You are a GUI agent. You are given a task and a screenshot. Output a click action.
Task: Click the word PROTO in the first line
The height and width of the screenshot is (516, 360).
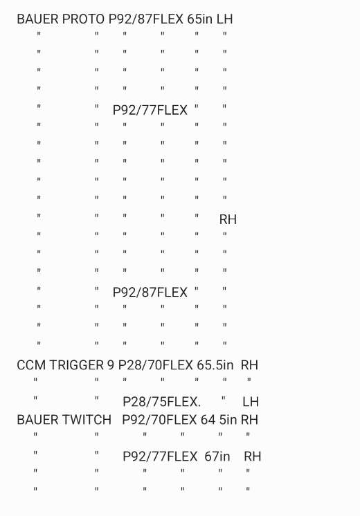(83, 19)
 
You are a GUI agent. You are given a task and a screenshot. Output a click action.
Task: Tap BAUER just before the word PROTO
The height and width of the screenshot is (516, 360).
(38, 19)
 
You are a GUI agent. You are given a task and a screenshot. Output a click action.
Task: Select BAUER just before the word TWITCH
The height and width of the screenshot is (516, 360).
(38, 420)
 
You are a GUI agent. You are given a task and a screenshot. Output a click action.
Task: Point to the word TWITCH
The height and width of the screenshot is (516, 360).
(87, 420)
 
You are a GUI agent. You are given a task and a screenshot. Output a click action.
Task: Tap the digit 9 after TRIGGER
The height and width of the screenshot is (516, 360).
(111, 365)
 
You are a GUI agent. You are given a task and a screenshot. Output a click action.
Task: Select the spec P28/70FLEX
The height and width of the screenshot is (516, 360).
(156, 365)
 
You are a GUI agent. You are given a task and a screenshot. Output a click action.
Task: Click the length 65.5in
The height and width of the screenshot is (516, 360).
(215, 365)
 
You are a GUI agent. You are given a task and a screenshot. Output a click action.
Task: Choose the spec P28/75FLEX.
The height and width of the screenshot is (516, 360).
(161, 402)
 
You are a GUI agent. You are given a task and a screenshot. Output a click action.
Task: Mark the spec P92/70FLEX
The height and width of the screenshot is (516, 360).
(159, 420)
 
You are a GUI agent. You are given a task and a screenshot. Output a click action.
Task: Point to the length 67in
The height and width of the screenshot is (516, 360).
(217, 457)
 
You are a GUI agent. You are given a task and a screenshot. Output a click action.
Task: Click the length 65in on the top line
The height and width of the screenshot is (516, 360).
(200, 19)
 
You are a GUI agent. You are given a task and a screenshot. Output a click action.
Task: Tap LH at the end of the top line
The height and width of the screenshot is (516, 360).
(224, 19)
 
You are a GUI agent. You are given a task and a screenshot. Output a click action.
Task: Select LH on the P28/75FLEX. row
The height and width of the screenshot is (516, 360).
(251, 402)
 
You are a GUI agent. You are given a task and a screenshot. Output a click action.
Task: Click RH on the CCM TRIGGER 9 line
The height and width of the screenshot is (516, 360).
(249, 365)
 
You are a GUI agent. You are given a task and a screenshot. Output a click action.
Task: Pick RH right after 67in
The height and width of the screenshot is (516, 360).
(253, 457)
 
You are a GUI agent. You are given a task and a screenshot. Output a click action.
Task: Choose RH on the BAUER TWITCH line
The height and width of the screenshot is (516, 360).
(249, 420)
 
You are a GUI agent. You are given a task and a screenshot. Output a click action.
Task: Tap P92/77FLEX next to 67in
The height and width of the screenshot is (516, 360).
(160, 457)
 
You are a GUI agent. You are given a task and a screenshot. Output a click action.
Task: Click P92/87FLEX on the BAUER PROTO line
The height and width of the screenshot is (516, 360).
(146, 19)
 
